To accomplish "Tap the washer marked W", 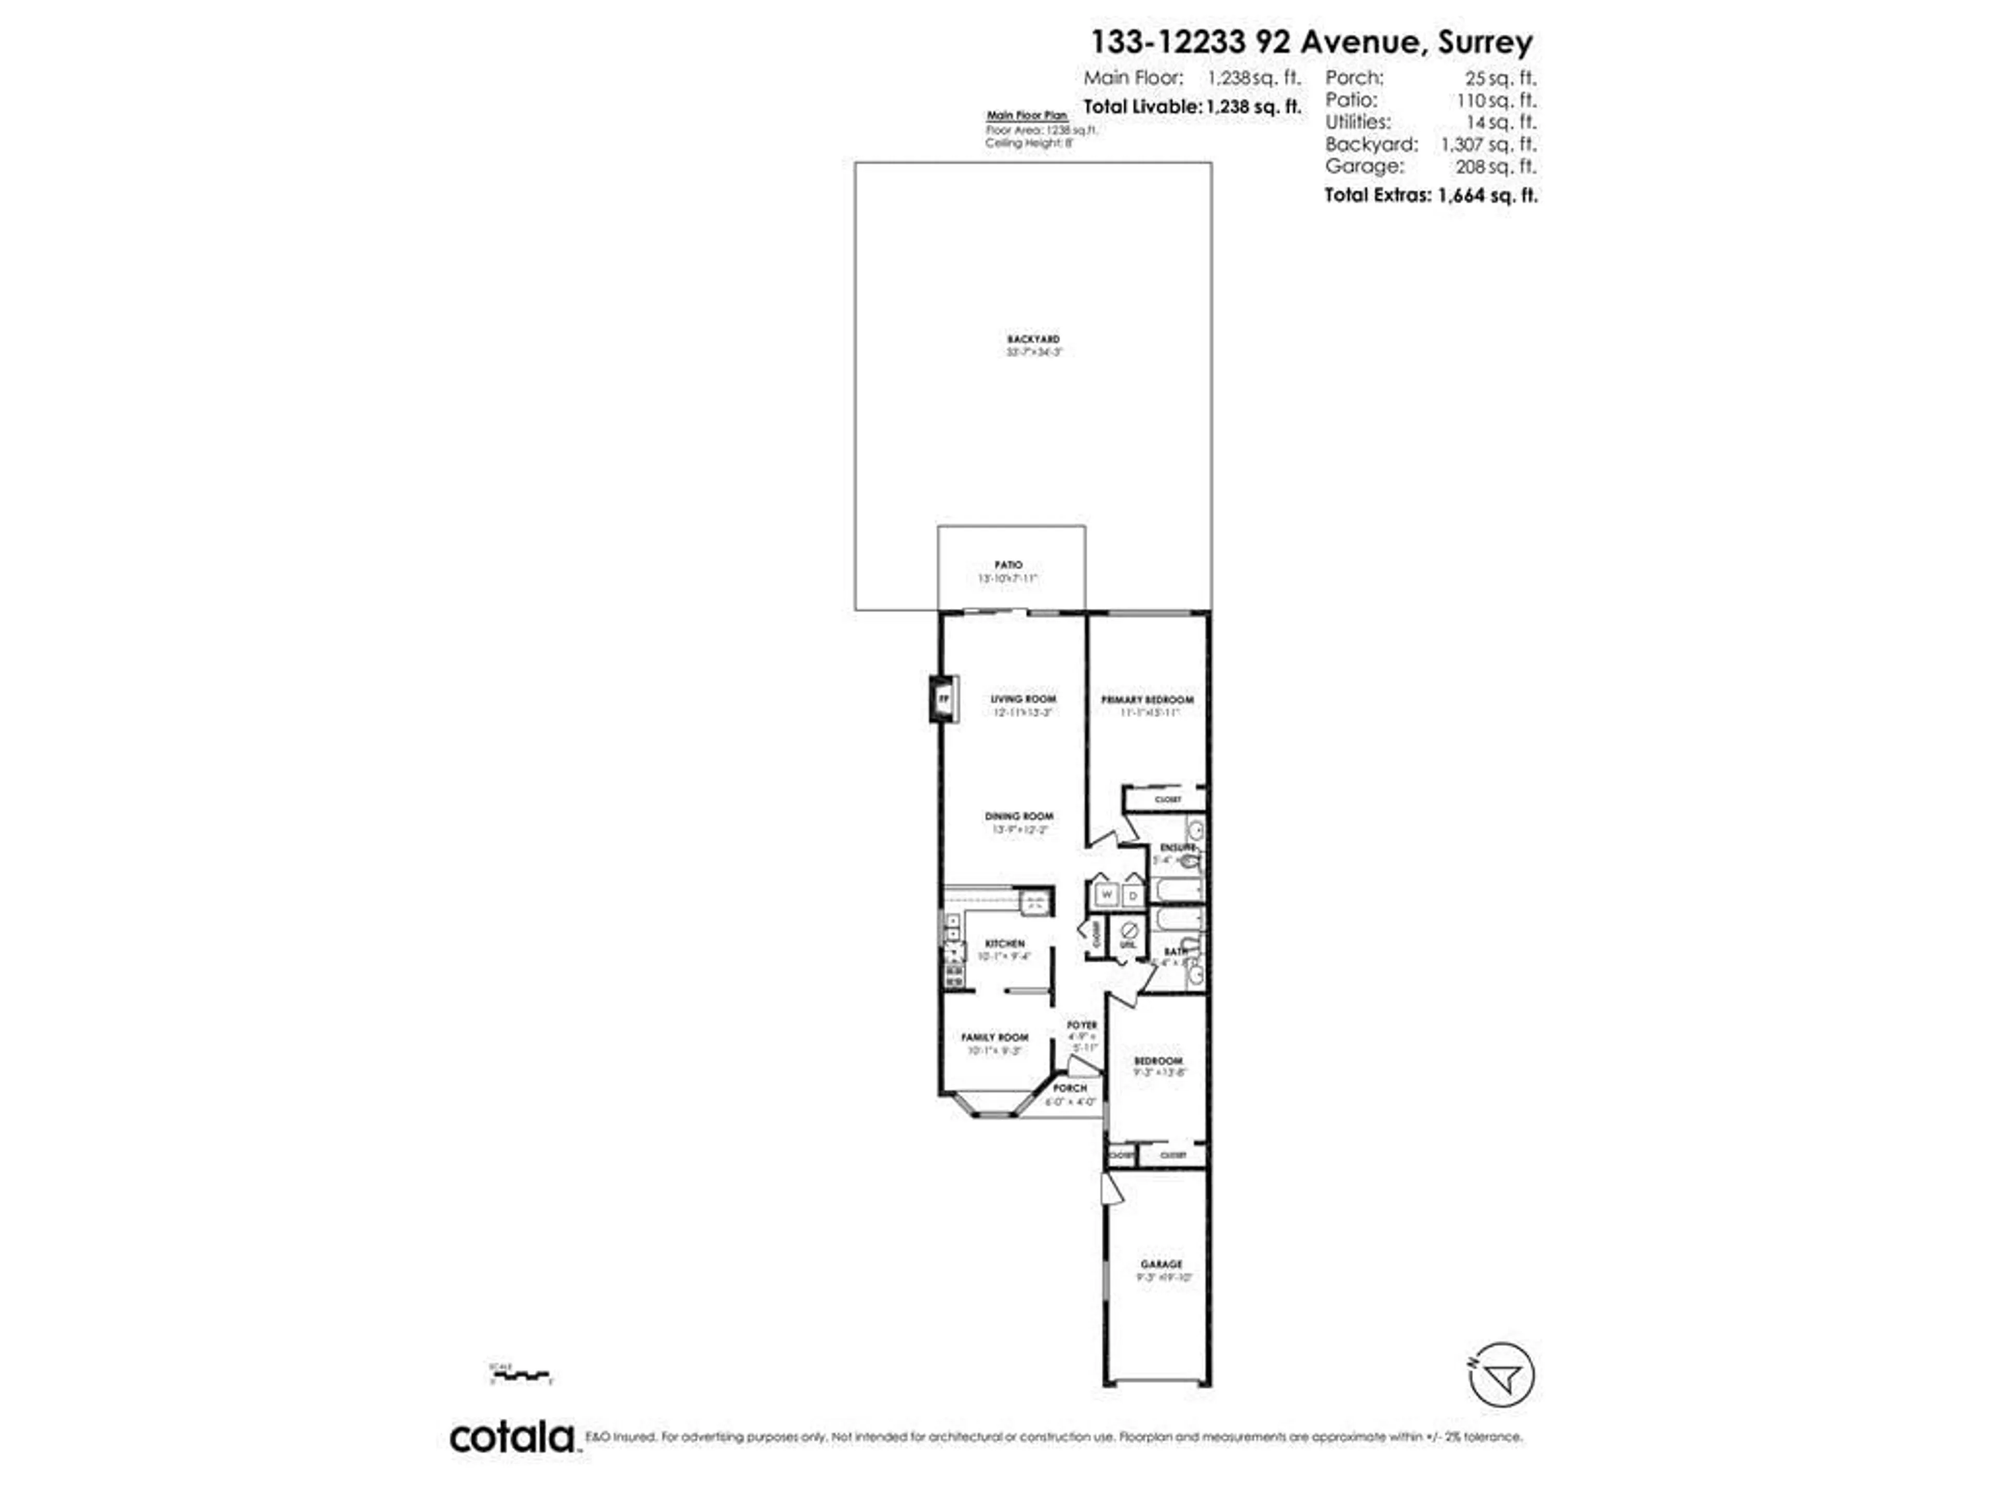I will pos(1107,895).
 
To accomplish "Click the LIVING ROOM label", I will pos(1023,698).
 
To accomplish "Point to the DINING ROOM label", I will pos(1019,816).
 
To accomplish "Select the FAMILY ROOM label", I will pos(994,1037).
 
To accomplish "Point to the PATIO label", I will pos(1009,565).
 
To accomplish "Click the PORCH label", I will pos(1070,1088).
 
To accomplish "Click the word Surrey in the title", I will pos(1485,43).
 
